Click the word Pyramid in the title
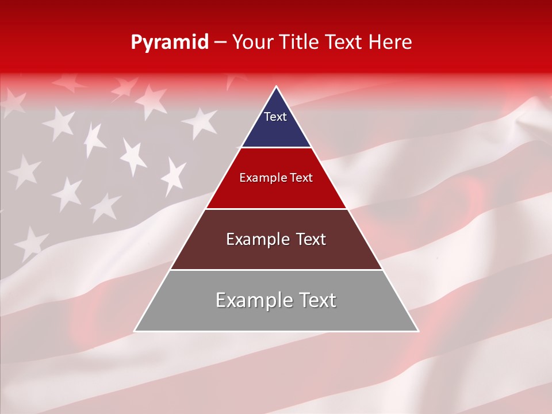pos(170,43)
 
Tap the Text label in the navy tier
pos(275,117)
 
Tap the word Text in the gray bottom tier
pos(315,300)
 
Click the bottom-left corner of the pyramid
pos(135,331)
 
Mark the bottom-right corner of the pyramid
pos(417,331)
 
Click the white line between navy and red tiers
pos(276,148)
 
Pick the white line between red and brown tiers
pos(276,209)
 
